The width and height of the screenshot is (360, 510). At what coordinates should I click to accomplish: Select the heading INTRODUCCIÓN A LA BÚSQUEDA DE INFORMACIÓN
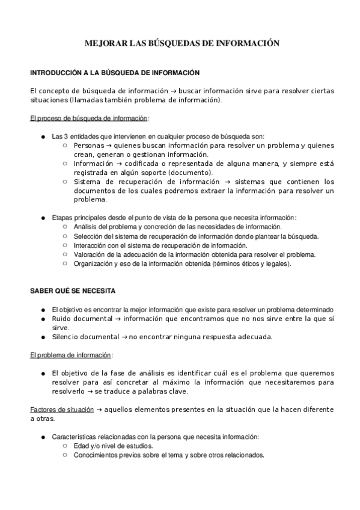[x=114, y=73]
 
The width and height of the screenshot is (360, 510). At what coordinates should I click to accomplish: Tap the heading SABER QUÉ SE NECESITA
[x=73, y=290]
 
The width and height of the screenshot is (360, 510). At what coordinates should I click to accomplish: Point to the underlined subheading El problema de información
[x=71, y=355]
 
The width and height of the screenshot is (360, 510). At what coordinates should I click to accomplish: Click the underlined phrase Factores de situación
[x=62, y=410]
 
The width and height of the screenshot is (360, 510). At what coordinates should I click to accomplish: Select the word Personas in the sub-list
[x=88, y=146]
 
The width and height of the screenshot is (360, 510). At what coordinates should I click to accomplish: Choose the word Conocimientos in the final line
[x=97, y=455]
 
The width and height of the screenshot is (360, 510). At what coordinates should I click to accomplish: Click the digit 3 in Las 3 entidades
[x=66, y=137]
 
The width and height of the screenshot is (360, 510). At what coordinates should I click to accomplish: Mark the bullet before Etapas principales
[x=43, y=218]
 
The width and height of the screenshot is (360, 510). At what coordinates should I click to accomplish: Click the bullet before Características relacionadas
[x=43, y=437]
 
